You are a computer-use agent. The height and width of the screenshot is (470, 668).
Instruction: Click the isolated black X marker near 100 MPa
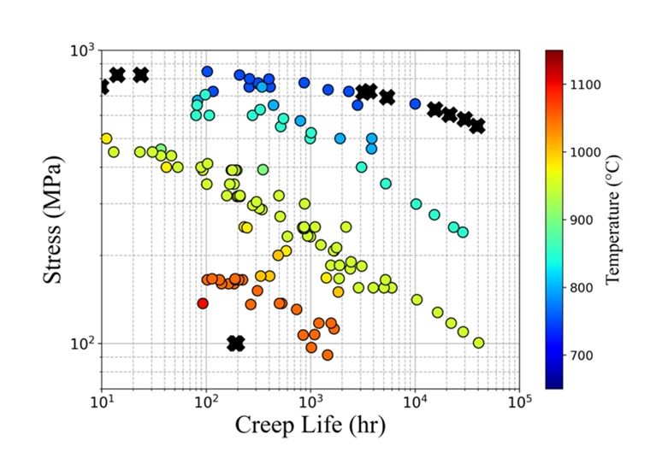tap(236, 343)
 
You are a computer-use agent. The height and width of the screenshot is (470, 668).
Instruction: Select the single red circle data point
tap(203, 303)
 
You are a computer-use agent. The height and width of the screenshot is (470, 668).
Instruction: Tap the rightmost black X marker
tap(477, 126)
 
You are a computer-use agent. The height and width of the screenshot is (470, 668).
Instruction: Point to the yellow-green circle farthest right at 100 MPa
tap(478, 343)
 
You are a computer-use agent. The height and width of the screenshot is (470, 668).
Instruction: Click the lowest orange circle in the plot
tap(327, 355)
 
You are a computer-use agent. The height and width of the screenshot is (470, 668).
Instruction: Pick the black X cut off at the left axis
tap(103, 86)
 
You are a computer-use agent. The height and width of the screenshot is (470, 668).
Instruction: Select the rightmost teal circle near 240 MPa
tap(463, 232)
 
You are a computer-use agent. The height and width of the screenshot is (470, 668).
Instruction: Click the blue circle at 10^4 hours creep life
tap(415, 104)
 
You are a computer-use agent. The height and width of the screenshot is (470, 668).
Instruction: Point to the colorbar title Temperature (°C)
tap(612, 219)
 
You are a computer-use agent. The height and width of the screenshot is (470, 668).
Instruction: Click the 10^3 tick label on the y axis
tap(82, 50)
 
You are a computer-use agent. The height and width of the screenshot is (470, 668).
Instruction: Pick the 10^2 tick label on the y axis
tap(82, 344)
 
